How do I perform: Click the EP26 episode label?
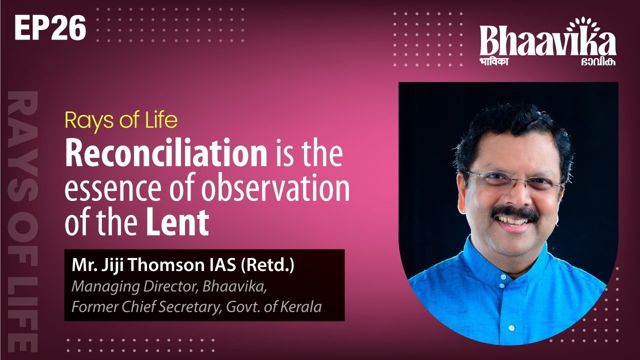pos(50,29)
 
